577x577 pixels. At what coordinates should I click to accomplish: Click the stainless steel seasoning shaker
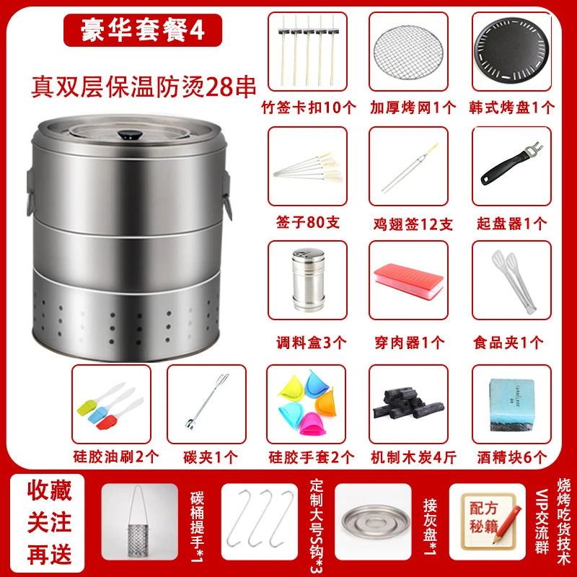coord(307,277)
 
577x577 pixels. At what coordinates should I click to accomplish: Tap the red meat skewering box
coord(408,278)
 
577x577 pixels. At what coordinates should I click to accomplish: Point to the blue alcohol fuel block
coord(511,404)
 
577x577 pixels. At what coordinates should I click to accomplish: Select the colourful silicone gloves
coord(306,404)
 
